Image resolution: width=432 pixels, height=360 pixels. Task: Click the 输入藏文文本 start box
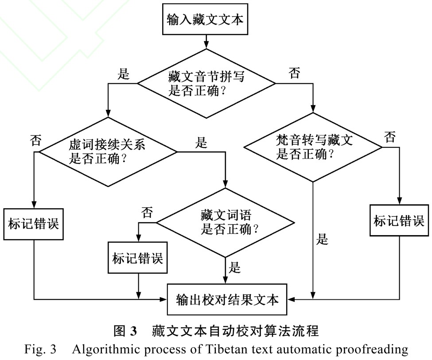[205, 20]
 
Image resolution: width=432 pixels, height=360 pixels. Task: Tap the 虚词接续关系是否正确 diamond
[108, 151]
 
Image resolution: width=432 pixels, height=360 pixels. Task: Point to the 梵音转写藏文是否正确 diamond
[314, 148]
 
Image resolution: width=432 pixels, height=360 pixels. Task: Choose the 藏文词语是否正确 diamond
[226, 223]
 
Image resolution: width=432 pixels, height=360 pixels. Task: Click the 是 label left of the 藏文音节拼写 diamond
[124, 74]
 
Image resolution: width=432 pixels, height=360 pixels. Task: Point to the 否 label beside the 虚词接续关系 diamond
[35, 141]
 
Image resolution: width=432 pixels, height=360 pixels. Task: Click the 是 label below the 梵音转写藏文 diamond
[323, 240]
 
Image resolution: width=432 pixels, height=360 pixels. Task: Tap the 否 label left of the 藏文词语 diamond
[147, 213]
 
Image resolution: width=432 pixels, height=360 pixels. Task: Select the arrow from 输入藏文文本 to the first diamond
[205, 42]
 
